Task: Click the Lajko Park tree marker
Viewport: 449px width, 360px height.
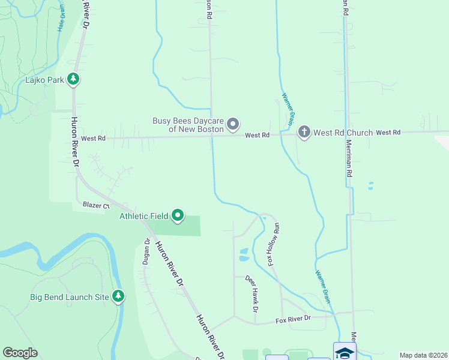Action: click(73, 79)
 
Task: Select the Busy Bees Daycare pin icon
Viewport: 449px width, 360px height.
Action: click(234, 124)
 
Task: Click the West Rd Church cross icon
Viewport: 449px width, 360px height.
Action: click(304, 132)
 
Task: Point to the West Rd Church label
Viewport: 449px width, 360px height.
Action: click(343, 133)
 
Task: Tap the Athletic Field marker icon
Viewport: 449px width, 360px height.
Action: click(178, 215)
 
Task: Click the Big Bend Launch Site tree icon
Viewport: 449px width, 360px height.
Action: click(119, 296)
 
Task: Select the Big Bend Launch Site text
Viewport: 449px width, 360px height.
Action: click(70, 297)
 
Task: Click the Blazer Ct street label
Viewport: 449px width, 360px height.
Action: click(96, 205)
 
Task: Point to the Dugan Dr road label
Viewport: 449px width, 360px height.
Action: click(146, 253)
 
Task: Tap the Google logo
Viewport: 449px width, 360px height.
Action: click(20, 353)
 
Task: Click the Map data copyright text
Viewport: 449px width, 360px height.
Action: click(423, 355)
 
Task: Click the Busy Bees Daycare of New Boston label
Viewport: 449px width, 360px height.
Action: click(188, 125)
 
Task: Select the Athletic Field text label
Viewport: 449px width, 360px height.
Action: click(143, 216)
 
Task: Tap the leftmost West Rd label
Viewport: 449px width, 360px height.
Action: click(93, 139)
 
